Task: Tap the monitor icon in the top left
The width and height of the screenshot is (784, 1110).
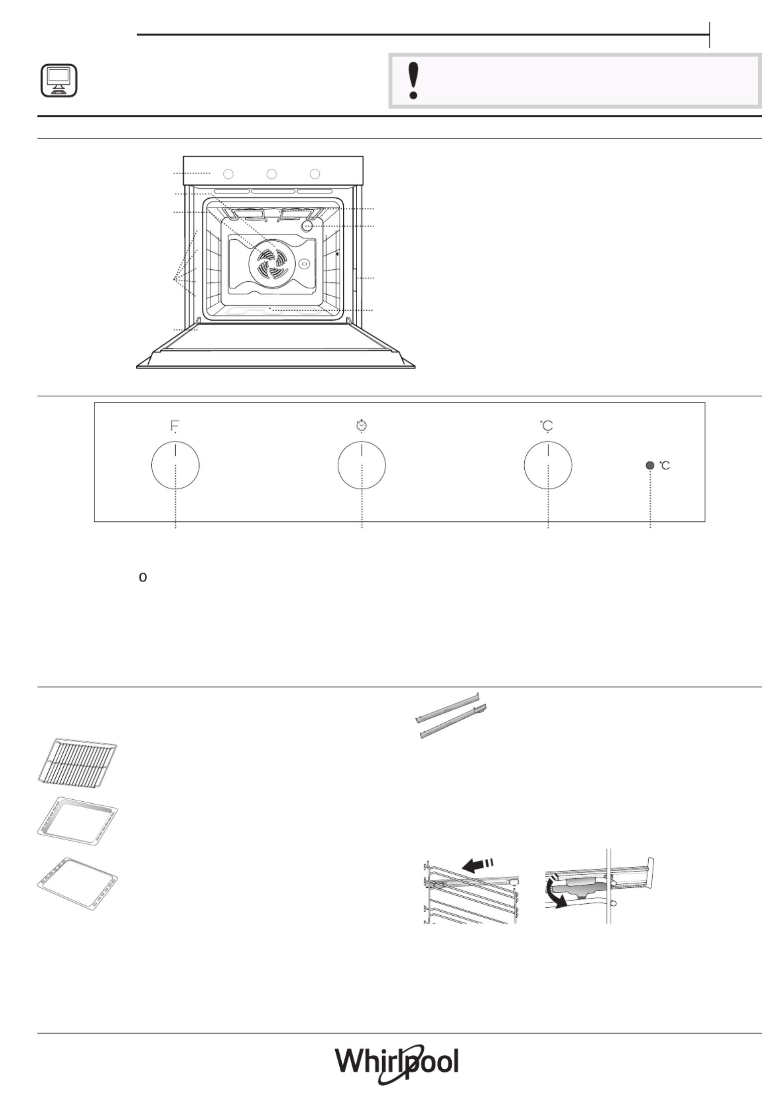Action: click(59, 80)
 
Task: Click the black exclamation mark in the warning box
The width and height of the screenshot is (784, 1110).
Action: click(412, 81)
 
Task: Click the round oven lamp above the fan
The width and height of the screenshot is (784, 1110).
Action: click(307, 226)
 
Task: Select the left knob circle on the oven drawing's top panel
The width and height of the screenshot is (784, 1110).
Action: click(228, 174)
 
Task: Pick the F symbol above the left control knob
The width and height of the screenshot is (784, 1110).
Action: click(175, 426)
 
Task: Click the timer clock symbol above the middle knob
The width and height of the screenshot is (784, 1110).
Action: click(362, 426)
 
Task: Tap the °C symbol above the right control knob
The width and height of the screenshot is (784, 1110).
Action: click(547, 426)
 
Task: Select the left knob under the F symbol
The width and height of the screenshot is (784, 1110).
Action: click(176, 466)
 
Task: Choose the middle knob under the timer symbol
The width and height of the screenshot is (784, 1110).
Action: click(362, 466)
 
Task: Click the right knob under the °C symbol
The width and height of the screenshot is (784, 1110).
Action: click(548, 466)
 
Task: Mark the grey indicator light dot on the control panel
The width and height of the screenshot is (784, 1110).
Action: click(650, 466)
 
